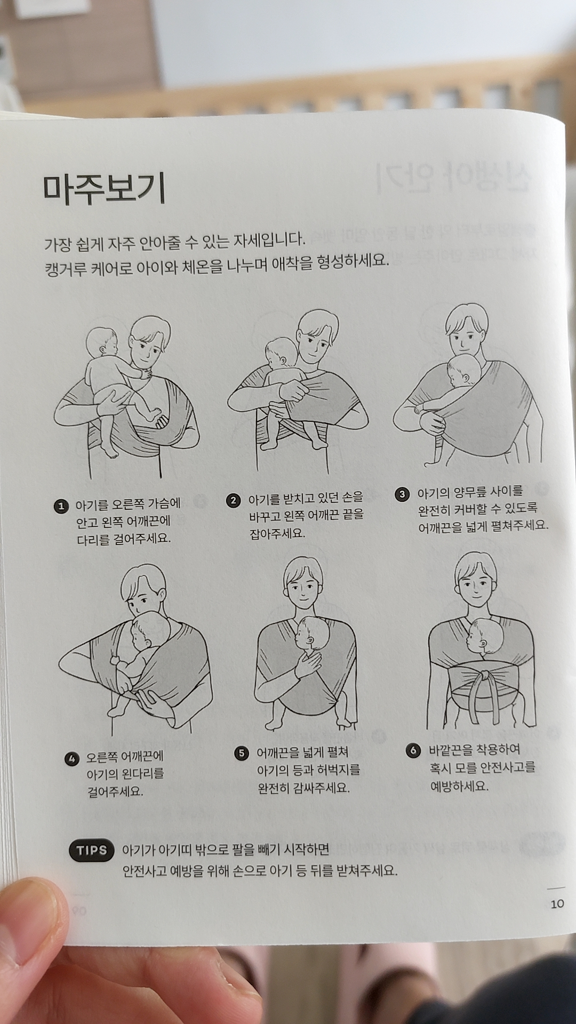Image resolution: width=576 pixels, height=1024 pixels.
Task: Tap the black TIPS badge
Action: (x=92, y=850)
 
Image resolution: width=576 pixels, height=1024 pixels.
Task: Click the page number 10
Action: (x=557, y=903)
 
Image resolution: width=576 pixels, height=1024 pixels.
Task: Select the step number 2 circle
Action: (x=233, y=500)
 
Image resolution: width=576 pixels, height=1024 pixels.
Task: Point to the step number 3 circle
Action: (x=402, y=494)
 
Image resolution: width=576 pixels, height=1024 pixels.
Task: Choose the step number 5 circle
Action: (x=242, y=753)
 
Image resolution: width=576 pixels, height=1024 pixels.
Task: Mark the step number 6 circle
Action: (x=413, y=751)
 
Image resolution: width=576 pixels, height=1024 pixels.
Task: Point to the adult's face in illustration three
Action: (x=466, y=335)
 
